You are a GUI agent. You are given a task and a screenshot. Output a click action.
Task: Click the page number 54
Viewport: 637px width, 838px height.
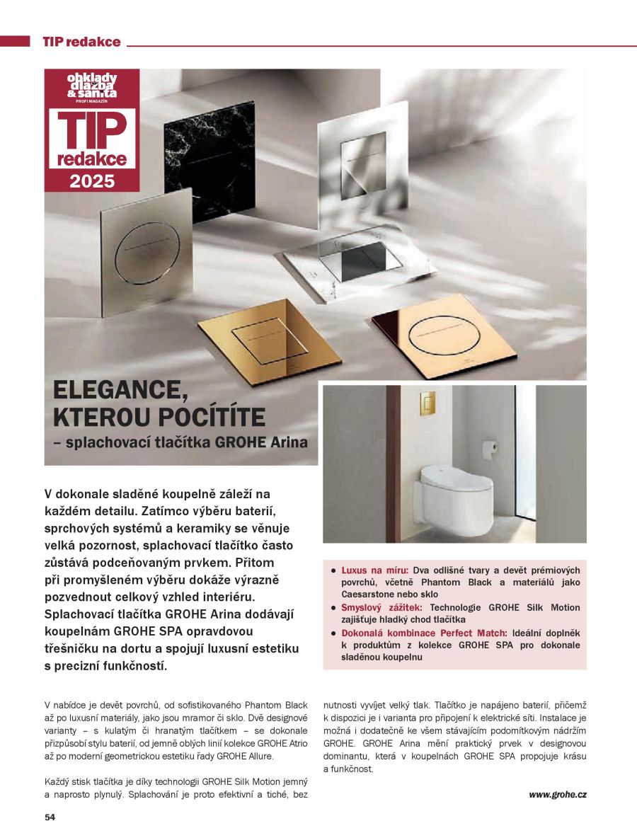[50, 817]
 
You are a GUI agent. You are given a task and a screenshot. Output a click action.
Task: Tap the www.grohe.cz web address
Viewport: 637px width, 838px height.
[557, 794]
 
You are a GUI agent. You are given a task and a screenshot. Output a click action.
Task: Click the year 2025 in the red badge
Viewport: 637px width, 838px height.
[92, 180]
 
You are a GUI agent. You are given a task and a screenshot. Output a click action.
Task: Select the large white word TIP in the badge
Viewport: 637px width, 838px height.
[92, 130]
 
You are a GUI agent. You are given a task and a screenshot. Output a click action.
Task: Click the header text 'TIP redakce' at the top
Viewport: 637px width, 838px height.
[81, 42]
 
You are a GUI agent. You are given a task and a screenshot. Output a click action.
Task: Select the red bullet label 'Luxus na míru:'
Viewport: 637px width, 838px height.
[374, 570]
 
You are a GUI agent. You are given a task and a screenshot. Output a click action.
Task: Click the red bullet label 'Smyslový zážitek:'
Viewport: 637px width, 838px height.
[381, 607]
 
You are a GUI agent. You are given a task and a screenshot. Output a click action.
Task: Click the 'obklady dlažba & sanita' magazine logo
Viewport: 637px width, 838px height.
[92, 86]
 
